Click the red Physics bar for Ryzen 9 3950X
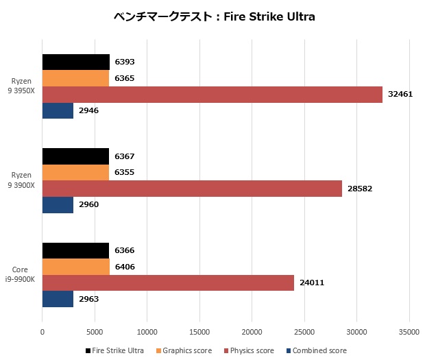212,95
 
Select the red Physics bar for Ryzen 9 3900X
192,189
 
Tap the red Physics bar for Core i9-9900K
168,283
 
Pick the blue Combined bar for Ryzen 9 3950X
58,110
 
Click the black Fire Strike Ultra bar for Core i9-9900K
75,251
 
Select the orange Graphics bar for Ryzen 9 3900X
75,173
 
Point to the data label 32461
400,95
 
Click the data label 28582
359,189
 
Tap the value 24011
311,283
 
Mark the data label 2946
88,110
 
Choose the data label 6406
125,267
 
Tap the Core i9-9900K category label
22,274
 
